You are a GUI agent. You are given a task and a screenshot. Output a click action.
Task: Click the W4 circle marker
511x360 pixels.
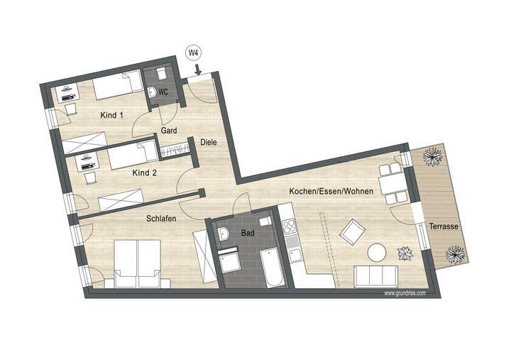[x=192, y=52]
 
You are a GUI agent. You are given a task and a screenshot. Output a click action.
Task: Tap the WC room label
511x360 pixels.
[x=163, y=92]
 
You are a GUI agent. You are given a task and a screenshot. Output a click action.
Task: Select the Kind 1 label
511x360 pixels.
[x=112, y=115]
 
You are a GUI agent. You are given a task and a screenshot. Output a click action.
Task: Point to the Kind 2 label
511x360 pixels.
[x=144, y=172]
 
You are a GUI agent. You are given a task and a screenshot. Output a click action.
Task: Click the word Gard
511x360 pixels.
[x=169, y=131]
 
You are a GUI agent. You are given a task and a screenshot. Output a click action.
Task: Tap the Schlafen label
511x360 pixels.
[x=161, y=219]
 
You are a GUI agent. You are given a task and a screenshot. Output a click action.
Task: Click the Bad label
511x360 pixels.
[x=247, y=233]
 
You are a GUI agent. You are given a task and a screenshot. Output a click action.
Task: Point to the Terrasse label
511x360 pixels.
[x=443, y=227]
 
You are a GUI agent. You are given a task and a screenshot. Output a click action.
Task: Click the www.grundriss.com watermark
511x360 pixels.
[x=405, y=293]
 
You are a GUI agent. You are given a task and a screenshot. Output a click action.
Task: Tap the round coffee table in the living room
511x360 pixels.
[x=377, y=252]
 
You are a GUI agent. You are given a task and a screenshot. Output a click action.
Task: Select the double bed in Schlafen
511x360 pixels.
[x=138, y=263]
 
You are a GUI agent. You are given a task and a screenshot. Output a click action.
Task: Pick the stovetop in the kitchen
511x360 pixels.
[x=291, y=227]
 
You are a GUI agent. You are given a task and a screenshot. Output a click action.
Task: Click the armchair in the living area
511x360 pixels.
[x=352, y=231]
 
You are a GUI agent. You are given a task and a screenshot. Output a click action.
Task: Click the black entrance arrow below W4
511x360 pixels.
[x=198, y=70]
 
